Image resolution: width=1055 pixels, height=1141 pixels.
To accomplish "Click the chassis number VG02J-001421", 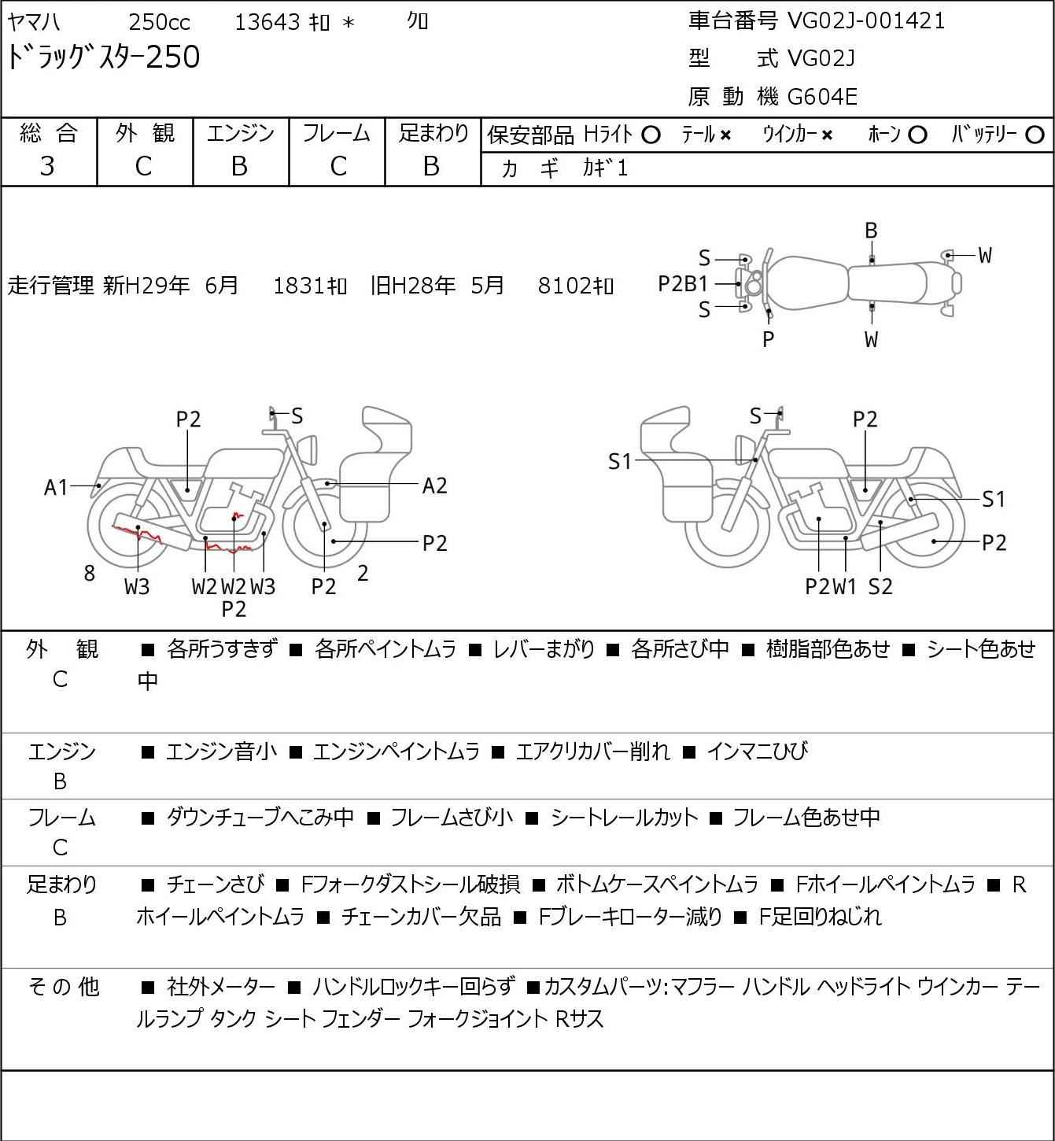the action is tap(866, 21).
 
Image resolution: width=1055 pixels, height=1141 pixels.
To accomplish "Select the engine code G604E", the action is tap(821, 97).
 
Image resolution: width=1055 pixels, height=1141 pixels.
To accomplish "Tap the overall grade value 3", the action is tap(47, 166).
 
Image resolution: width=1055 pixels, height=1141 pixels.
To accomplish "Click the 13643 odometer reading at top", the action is tap(267, 22).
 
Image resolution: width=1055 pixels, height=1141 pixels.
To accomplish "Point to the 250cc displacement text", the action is tap(159, 22).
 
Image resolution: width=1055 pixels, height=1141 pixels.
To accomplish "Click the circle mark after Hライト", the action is tap(651, 135).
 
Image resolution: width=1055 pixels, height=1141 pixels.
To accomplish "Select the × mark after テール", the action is tap(725, 135).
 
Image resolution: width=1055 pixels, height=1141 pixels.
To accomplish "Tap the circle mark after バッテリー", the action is tap(1035, 135).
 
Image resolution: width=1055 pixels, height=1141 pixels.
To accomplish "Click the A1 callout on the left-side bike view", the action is tap(56, 488).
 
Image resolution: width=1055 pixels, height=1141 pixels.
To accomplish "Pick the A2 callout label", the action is tap(434, 486).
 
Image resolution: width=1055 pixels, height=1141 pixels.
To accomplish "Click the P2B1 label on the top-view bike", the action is tap(683, 284).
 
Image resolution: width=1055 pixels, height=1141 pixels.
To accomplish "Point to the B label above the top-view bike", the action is tap(871, 231).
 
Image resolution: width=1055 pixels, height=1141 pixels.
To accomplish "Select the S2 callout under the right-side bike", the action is tap(880, 586).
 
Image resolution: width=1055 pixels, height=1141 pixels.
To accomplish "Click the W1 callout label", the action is tap(845, 586).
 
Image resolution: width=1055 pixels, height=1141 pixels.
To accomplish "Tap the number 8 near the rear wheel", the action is tap(89, 573).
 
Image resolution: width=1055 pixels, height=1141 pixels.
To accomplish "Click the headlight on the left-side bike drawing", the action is tap(308, 449).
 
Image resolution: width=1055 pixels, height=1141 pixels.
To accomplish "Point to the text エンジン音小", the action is tap(221, 751).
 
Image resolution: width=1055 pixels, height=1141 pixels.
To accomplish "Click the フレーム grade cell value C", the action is tap(338, 167).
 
